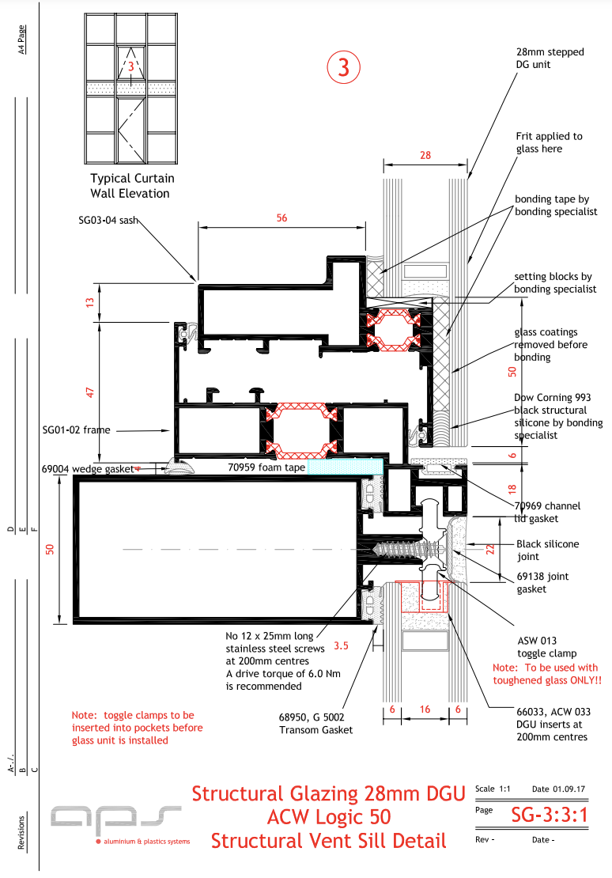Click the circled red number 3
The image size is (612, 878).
point(343,67)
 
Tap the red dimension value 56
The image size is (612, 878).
point(282,218)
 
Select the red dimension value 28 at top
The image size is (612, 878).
point(425,155)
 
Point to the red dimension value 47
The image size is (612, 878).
point(90,392)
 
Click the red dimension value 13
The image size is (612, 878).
point(90,301)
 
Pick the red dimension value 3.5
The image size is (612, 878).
point(342,645)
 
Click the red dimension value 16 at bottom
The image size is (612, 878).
point(425,710)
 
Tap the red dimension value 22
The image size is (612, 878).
point(489,549)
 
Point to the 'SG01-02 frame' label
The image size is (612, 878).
point(76,430)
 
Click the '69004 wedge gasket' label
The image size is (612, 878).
point(87,469)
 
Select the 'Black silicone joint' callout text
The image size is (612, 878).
point(547,551)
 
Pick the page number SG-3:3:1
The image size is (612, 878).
point(549,814)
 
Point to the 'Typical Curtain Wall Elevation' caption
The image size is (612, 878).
point(132,185)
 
